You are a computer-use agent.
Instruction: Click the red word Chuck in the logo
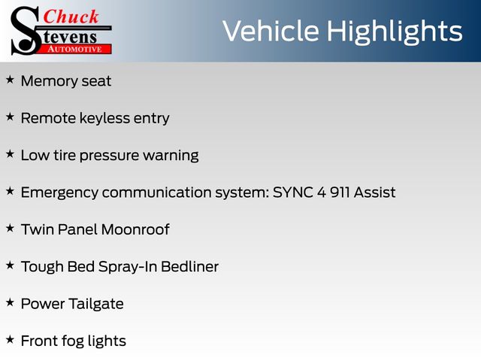(x=71, y=17)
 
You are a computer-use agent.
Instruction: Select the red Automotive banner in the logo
(x=74, y=49)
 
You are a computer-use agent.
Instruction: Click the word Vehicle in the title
(x=271, y=31)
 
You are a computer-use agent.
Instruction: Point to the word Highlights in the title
(x=394, y=32)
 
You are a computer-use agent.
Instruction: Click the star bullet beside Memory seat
(x=10, y=80)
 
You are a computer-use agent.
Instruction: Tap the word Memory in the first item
(x=49, y=82)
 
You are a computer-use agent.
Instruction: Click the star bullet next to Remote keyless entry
(x=10, y=117)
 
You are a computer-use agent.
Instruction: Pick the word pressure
(x=109, y=156)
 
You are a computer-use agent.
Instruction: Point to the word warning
(x=171, y=156)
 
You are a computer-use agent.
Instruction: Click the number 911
(x=340, y=193)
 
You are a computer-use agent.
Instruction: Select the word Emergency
(x=59, y=193)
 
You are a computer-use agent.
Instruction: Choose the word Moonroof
(x=135, y=229)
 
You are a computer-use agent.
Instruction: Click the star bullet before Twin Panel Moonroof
(x=10, y=229)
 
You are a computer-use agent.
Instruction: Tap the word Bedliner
(x=189, y=266)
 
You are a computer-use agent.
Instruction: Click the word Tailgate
(x=96, y=304)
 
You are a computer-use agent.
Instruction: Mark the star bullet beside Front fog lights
(x=10, y=340)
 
